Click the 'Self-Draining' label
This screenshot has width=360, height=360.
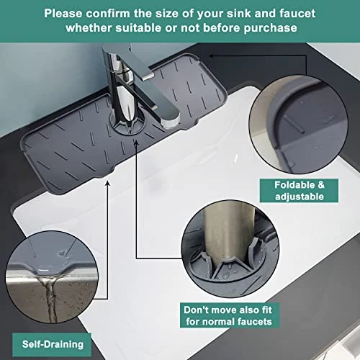click(52, 345)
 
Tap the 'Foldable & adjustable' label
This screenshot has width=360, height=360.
click(299, 191)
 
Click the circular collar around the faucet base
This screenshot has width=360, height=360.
click(127, 124)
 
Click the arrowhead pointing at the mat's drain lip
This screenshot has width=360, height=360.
click(108, 184)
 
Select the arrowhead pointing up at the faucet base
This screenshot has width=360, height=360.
click(136, 142)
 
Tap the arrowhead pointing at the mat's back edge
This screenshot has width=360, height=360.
click(211, 56)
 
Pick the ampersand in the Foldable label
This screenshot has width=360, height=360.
click(320, 185)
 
